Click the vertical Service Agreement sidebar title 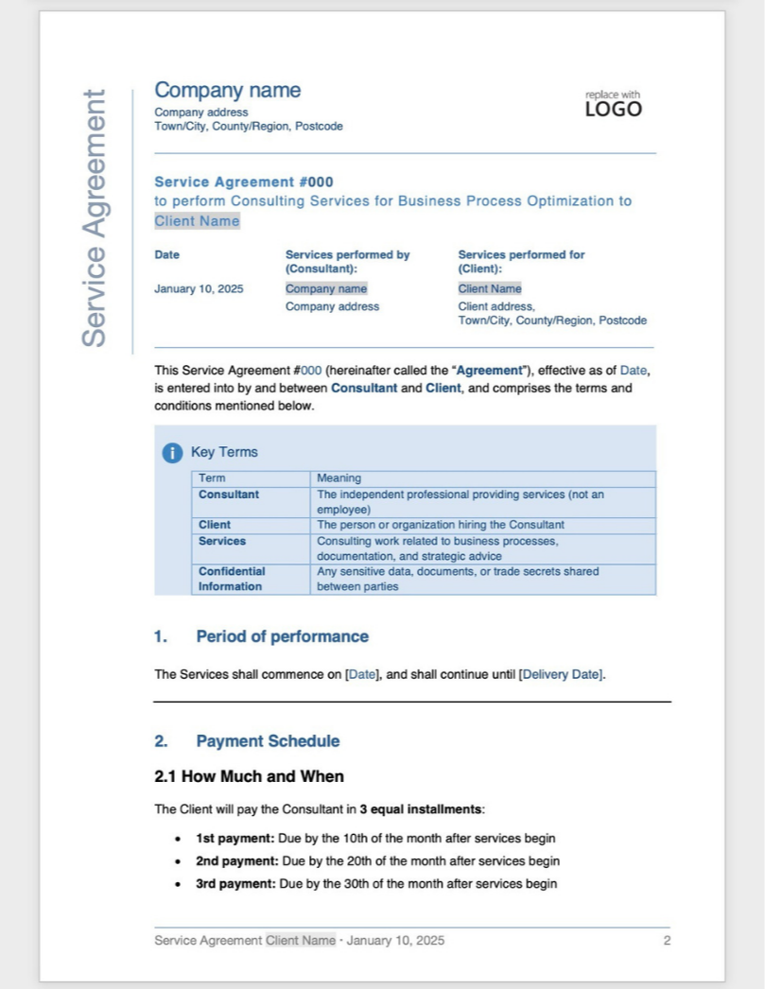click(94, 218)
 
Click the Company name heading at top click(227, 91)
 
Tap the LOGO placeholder click(613, 109)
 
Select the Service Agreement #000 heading click(243, 182)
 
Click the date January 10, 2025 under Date click(199, 288)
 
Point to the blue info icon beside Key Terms click(171, 453)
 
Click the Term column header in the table click(212, 478)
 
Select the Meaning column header click(339, 478)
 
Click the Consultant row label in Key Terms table click(228, 494)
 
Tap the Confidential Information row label click(231, 579)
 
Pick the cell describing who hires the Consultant click(440, 525)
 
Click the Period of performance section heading click(282, 636)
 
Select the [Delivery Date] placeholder click(561, 674)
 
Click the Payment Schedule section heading click(268, 741)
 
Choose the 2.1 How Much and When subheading click(249, 776)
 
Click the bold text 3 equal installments click(421, 809)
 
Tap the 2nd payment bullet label click(236, 861)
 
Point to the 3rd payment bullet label click(235, 884)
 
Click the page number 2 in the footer click(667, 941)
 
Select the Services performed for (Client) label click(521, 261)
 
